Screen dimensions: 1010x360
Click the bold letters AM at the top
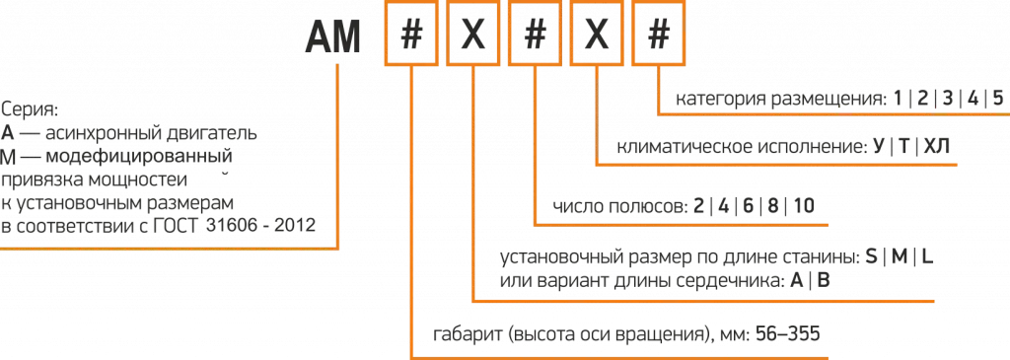click(332, 39)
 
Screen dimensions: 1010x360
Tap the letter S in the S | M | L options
click(871, 257)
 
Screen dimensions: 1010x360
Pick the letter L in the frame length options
click(927, 257)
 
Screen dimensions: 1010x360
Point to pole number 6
click(748, 206)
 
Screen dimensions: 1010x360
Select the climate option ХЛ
click(937, 148)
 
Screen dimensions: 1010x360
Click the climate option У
click(879, 148)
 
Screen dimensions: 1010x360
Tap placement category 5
click(997, 100)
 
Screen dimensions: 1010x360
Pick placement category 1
click(898, 100)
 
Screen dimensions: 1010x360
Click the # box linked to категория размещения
click(658, 39)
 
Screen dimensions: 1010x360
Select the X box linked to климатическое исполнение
click(597, 39)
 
